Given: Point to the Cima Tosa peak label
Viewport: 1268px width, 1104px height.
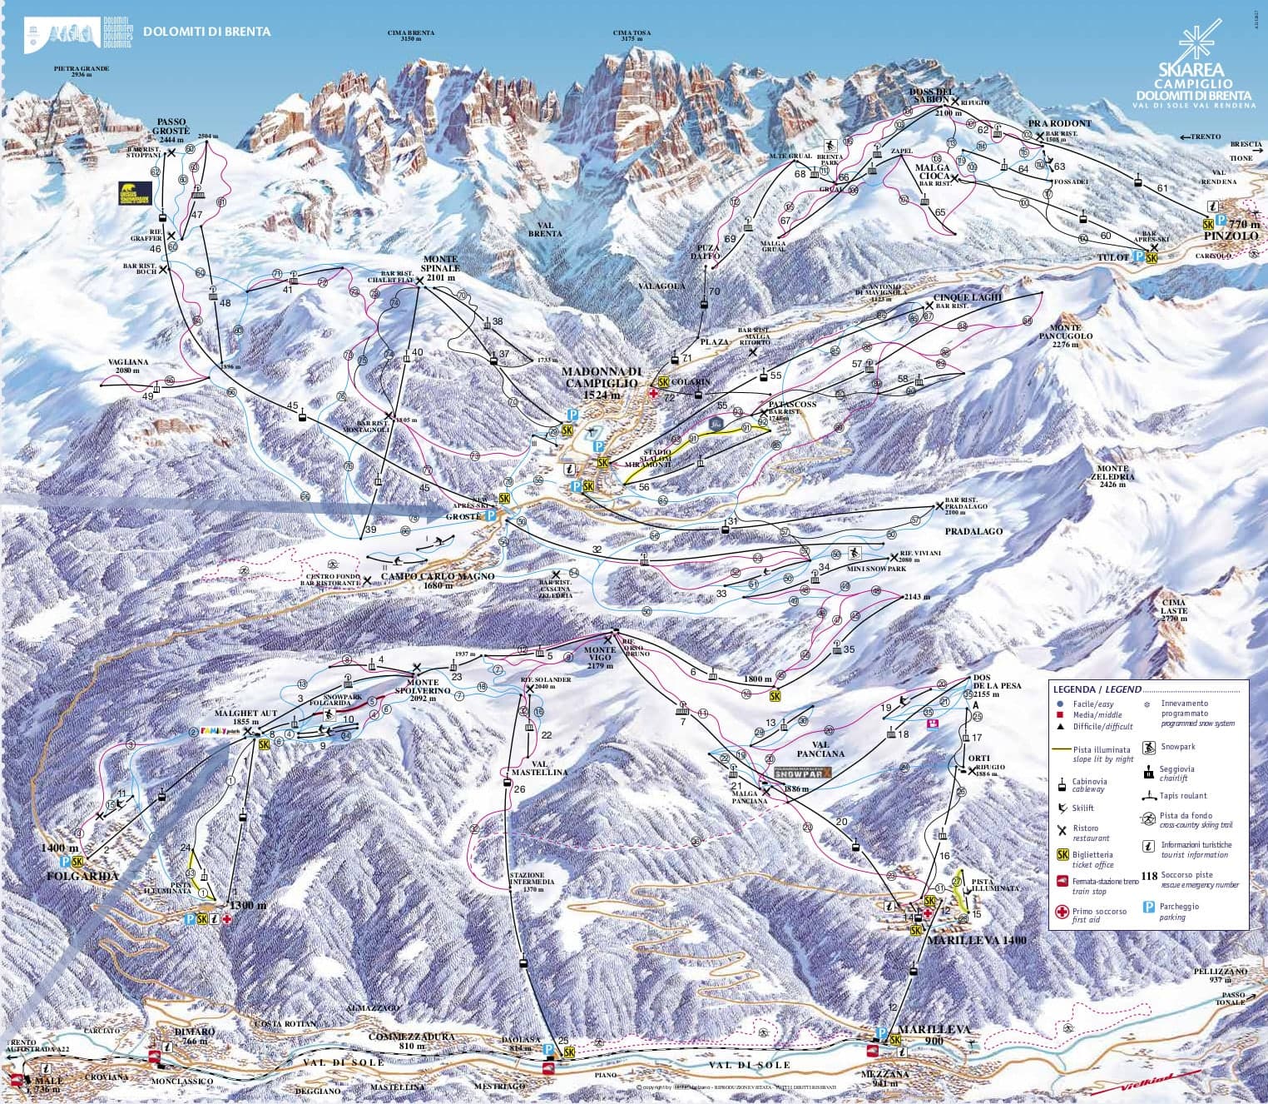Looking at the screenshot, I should coord(632,36).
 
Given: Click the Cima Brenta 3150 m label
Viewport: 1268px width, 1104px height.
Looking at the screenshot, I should coord(411,36).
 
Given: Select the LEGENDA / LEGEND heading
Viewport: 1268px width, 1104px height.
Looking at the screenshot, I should coord(1097,690).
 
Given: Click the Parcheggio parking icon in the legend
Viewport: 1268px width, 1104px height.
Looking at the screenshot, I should coord(1149,908).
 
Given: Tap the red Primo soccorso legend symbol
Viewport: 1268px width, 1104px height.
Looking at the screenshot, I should coord(1061,913).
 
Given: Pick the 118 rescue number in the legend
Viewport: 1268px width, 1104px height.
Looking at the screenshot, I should coord(1149,876).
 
